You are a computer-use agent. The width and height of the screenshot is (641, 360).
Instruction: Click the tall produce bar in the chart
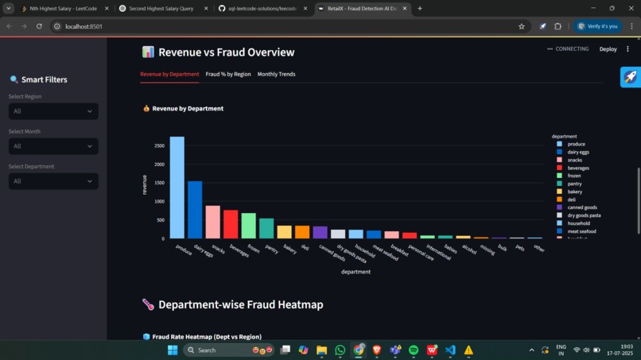tap(177, 188)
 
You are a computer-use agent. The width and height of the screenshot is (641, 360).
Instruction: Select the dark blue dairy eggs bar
tap(195, 210)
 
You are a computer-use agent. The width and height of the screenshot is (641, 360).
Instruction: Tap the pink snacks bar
tap(212, 222)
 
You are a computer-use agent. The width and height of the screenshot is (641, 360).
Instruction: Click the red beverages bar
tap(231, 224)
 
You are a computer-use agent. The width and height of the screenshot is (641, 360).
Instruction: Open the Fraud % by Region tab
tap(228, 74)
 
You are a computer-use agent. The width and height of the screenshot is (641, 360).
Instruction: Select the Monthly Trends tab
tap(276, 74)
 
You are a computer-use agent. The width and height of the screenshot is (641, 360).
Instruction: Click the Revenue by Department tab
tap(169, 74)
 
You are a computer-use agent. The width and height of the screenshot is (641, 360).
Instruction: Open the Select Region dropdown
tap(53, 111)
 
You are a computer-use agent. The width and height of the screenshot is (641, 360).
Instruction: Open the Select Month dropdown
tap(53, 146)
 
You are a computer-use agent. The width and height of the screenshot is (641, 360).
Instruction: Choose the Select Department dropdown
tap(53, 181)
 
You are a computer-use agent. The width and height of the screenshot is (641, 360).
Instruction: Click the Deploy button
tap(608, 49)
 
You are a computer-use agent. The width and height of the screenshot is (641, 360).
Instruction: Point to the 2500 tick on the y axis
tap(159, 145)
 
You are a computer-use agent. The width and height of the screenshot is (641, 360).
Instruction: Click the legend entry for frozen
tap(574, 176)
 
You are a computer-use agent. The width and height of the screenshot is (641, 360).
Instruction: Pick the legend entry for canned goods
tap(581, 207)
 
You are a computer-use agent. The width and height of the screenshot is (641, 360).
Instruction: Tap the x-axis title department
tap(355, 272)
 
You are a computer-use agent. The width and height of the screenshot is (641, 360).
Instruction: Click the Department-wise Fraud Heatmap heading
tap(240, 304)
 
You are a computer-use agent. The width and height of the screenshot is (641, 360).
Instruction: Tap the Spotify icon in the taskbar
tap(414, 350)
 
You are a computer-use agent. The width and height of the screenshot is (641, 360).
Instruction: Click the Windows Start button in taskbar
tap(173, 350)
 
